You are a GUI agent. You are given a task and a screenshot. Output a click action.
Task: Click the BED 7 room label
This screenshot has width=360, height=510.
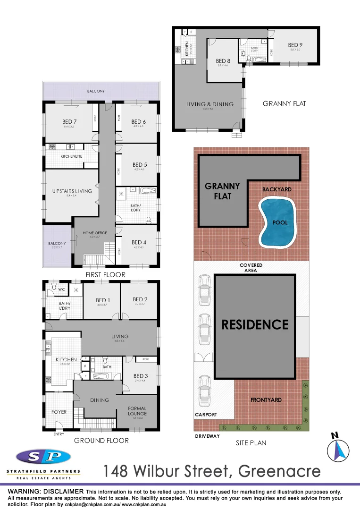tap(69, 122)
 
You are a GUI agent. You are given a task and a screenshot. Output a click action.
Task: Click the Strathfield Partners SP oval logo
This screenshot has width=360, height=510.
tap(43, 457)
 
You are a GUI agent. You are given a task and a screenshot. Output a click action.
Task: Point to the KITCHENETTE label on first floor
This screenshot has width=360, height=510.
tap(72, 156)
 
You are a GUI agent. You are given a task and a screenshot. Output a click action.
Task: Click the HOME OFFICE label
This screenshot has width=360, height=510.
tap(95, 233)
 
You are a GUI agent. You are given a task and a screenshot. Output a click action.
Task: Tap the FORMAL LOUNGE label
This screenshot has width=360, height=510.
tap(137, 411)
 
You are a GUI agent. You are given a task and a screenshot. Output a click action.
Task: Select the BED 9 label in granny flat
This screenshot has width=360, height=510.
tap(295, 45)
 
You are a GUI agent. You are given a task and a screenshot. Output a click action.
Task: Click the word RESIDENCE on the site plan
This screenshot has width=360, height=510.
tap(255, 324)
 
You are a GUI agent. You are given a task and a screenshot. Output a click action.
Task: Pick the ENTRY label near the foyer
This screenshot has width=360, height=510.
tap(59, 434)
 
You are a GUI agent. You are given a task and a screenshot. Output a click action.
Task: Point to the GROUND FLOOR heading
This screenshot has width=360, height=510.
tap(101, 441)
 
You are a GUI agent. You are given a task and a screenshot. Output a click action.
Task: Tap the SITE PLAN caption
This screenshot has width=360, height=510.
tap(251, 443)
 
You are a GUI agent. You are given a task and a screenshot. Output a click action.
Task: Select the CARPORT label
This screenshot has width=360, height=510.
tap(206, 415)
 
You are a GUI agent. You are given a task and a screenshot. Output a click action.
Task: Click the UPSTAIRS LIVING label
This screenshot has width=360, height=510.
tap(72, 191)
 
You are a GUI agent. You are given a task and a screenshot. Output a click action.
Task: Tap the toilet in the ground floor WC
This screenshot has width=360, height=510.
tap(55, 288)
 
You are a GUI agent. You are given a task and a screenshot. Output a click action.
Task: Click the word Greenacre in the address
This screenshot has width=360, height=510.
tap(280, 471)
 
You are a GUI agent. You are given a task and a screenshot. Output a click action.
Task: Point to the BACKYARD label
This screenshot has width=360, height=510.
tap(277, 189)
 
